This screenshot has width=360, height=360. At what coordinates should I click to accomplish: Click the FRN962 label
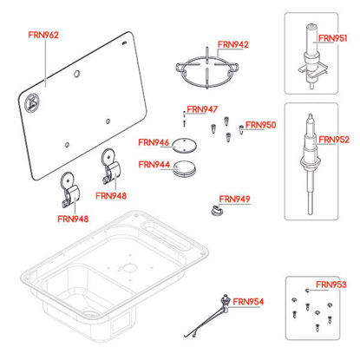[x=43, y=35]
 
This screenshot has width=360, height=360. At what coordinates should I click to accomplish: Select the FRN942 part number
[x=233, y=44]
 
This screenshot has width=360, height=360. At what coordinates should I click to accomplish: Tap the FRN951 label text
[x=332, y=38]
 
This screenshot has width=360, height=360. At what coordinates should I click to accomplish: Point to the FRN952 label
[x=334, y=140]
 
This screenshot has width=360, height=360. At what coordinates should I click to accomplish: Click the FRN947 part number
[x=202, y=109]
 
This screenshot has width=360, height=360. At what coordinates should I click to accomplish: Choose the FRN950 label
[x=261, y=125]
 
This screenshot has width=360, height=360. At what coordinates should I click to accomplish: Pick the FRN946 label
[x=154, y=142]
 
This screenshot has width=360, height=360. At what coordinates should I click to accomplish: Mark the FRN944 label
[x=154, y=165]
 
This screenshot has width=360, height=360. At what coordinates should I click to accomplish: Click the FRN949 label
[x=234, y=200]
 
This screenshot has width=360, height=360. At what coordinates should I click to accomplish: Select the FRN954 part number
[x=248, y=302]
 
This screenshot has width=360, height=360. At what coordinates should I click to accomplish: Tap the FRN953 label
[x=331, y=285]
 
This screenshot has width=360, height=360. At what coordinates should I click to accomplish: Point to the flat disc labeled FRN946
[x=185, y=146]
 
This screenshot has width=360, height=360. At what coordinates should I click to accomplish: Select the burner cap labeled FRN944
[x=185, y=168]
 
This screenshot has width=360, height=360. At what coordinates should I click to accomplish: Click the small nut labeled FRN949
[x=217, y=211]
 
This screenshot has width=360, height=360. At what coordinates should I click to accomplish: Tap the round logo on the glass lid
[x=31, y=102]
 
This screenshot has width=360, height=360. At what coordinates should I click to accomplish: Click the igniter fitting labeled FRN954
[x=225, y=303]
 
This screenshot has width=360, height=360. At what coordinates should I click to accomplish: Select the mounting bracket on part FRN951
[x=313, y=71]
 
